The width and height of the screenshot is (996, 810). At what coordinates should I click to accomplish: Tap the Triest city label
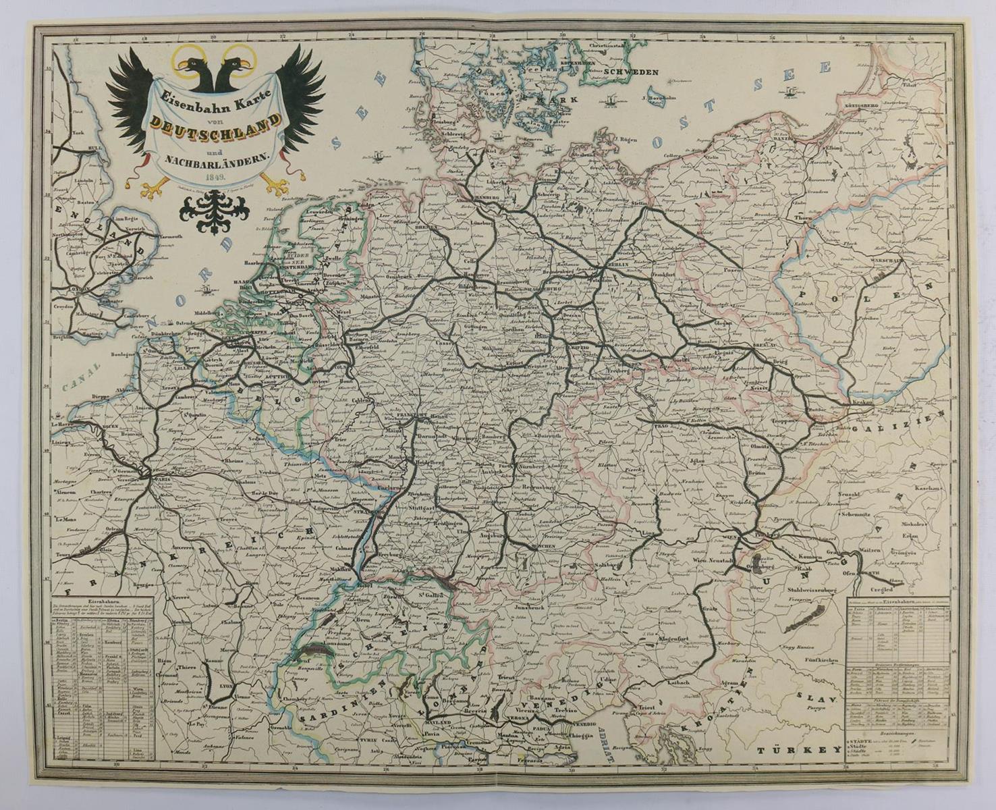648,708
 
